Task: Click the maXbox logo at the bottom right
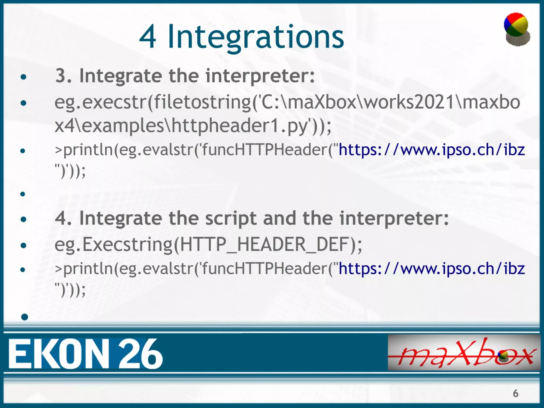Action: click(464, 353)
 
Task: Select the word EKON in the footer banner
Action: click(59, 354)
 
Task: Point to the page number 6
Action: click(515, 393)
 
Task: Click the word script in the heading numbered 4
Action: click(231, 218)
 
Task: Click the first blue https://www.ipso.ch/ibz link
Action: click(431, 150)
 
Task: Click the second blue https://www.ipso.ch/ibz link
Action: click(431, 269)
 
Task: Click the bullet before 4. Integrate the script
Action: click(24, 219)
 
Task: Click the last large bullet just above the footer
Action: click(24, 317)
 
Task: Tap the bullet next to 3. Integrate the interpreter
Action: click(24, 77)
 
